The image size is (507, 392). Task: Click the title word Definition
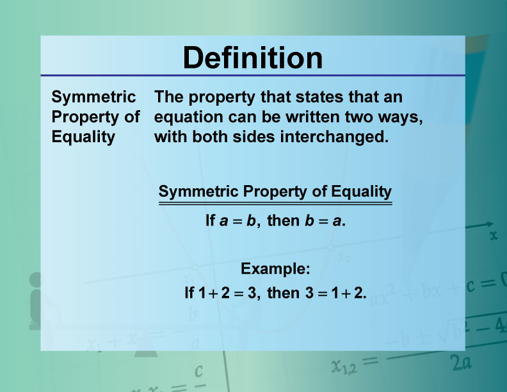tap(253, 58)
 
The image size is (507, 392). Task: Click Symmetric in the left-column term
tap(93, 97)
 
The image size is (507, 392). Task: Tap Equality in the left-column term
tap(83, 137)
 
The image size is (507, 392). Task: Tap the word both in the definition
tap(207, 137)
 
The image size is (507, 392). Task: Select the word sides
tap(251, 137)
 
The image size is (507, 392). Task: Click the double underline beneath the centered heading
tap(275, 204)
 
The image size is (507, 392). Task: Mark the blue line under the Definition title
tap(253, 76)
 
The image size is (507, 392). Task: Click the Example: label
tap(275, 269)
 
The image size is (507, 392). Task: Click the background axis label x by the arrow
tap(493, 236)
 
